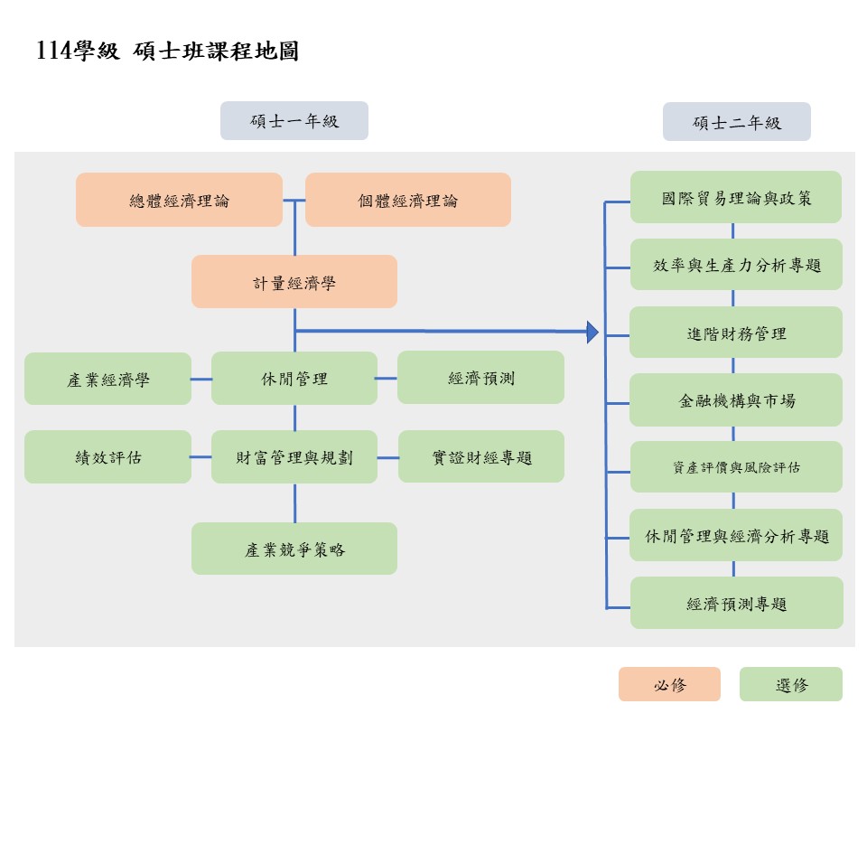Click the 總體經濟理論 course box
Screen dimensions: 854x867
coord(179,200)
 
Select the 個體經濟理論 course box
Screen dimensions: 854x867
coord(407,200)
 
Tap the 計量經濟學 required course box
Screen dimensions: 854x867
coord(294,282)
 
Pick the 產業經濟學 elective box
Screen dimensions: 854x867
coord(107,379)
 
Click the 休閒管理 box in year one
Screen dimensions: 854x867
coord(294,378)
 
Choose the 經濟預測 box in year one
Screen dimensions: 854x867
coord(480,378)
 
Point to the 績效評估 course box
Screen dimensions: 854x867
coord(107,456)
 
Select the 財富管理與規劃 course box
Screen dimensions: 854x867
coord(294,456)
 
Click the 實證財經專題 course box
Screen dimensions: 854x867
coord(480,456)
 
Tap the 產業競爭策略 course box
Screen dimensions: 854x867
coord(294,549)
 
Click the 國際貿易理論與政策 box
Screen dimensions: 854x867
coord(736,197)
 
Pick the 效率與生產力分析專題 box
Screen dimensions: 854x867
coord(736,265)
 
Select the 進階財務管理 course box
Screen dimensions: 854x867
coord(736,333)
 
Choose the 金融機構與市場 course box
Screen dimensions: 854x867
coord(736,399)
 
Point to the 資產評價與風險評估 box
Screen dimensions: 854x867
coord(736,467)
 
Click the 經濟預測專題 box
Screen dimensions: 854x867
coord(736,603)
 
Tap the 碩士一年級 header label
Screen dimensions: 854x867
coord(294,121)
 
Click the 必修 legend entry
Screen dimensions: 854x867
coord(669,684)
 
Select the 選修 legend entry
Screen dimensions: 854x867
coord(790,684)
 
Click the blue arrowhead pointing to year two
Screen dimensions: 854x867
coord(592,333)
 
